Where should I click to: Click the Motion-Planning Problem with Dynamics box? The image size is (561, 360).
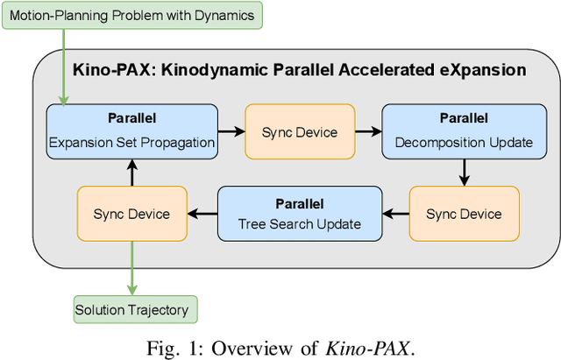(131, 15)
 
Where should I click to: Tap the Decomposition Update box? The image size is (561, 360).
(464, 131)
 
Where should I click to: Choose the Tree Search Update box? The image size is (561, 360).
(299, 213)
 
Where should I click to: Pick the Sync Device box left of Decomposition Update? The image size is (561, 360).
(299, 131)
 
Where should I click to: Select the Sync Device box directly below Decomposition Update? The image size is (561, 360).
(464, 213)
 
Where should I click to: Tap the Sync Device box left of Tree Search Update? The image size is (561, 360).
(131, 213)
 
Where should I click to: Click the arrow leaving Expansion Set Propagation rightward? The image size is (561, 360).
(231, 131)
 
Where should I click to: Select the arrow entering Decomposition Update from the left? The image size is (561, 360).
(368, 131)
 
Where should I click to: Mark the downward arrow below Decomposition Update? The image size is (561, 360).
(464, 172)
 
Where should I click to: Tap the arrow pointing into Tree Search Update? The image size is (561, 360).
(395, 213)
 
